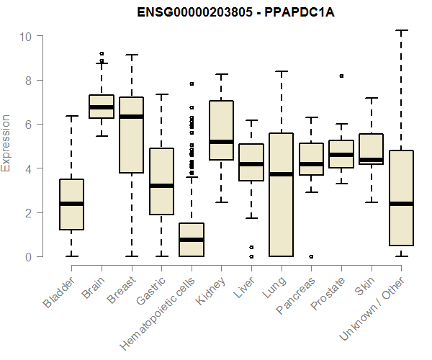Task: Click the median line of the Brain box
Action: [102, 107]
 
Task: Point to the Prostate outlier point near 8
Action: [341, 76]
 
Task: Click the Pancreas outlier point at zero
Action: [311, 256]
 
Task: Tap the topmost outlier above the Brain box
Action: [102, 53]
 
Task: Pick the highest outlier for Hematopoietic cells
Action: [192, 84]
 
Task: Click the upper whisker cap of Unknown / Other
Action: [401, 30]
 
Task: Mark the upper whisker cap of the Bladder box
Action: [71, 116]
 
